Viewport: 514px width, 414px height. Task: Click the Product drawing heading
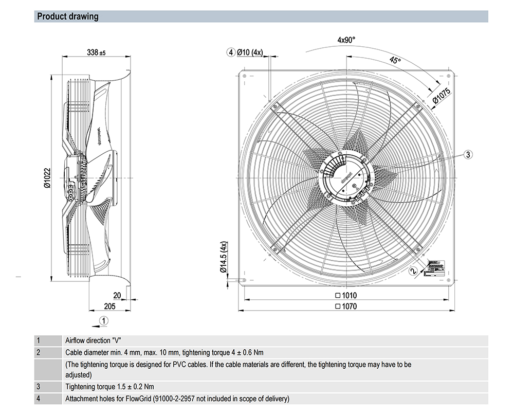pos(68,16)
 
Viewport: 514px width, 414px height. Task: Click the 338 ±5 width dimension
pos(96,52)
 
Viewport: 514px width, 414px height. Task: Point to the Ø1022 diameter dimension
pos(47,178)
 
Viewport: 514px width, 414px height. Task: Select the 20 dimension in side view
pos(117,295)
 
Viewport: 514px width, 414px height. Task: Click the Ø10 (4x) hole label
pos(249,52)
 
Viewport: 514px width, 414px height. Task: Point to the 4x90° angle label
pos(346,40)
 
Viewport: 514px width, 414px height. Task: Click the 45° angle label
pos(395,61)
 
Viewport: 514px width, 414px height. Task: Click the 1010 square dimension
pos(346,296)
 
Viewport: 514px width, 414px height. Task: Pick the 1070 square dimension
pos(346,306)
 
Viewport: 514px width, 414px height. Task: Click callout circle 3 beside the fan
pos(468,154)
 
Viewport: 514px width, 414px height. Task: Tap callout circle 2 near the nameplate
pos(414,271)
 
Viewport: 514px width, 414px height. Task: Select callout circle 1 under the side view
pos(104,320)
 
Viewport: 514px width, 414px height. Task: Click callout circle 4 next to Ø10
pos(231,52)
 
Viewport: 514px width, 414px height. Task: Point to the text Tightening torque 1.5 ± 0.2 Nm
pos(110,387)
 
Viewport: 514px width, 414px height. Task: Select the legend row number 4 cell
pos(38,399)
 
